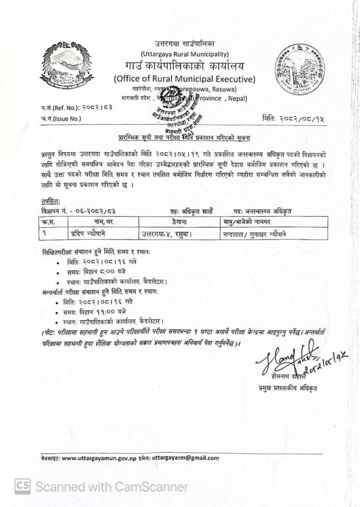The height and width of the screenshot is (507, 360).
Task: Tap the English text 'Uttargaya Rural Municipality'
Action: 184,54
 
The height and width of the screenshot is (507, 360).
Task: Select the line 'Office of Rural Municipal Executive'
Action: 184,79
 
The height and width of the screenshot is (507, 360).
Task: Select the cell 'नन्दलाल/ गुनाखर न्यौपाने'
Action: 254,234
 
